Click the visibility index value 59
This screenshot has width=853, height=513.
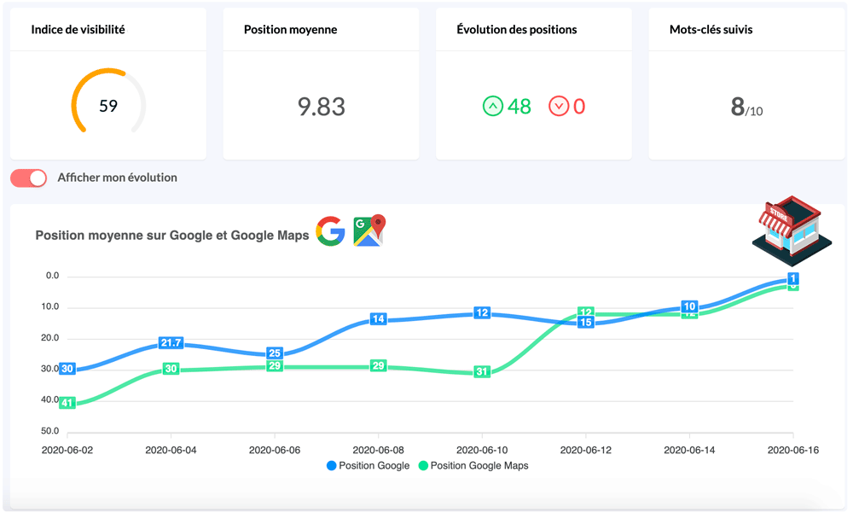click(x=108, y=106)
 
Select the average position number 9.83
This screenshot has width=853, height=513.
click(x=322, y=107)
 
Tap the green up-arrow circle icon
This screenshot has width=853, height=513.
click(x=493, y=107)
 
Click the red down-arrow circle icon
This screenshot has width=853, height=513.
click(x=559, y=107)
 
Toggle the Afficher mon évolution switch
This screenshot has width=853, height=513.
click(x=29, y=178)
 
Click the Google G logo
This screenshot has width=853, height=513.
click(x=330, y=231)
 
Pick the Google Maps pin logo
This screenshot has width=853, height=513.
click(x=370, y=230)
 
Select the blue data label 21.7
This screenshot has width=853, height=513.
click(x=171, y=343)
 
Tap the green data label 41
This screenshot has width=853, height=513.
click(x=67, y=402)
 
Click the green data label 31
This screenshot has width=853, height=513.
click(x=482, y=371)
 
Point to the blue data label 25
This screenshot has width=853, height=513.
click(x=275, y=353)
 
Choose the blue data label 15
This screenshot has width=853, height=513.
click(x=586, y=323)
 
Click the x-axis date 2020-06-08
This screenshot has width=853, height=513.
click(x=378, y=450)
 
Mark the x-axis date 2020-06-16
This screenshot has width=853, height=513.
click(x=793, y=450)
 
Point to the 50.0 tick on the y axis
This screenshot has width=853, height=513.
click(x=50, y=431)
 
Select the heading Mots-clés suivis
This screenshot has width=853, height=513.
click(x=711, y=30)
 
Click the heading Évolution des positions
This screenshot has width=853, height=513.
click(x=517, y=30)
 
